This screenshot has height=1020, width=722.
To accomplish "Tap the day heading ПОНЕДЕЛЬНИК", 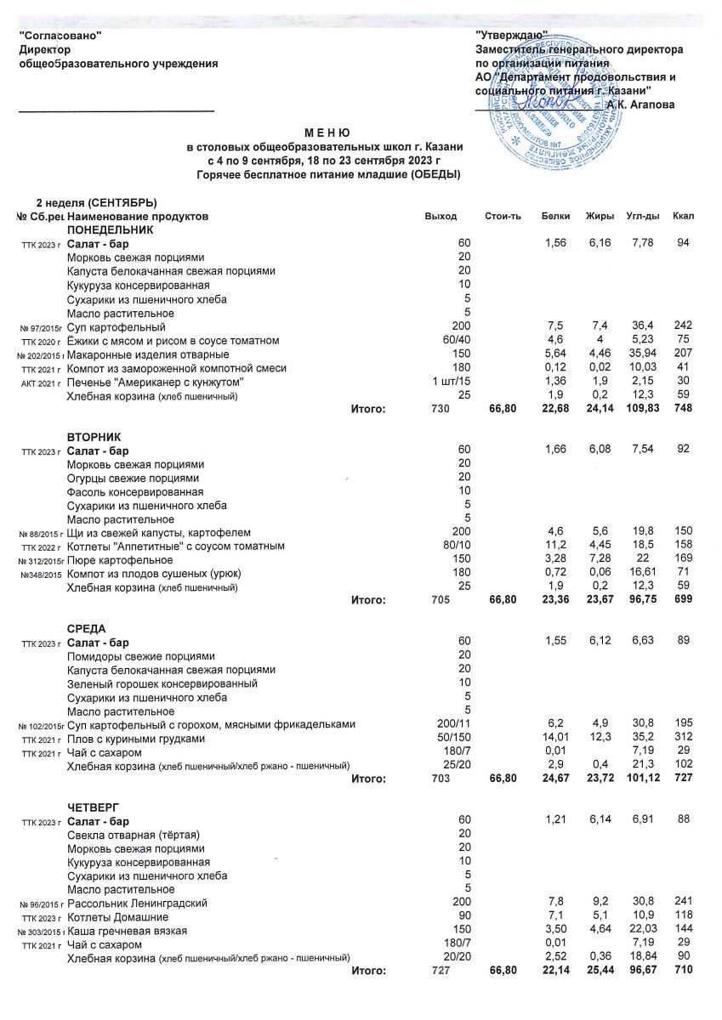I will pos(111,230).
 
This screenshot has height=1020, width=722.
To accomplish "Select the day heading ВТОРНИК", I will pos(94,436).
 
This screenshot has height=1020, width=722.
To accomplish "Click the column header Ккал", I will pos(683,218).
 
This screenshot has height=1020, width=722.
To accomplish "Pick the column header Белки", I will pos(555,218).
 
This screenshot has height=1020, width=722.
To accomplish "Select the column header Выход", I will pos(441,218).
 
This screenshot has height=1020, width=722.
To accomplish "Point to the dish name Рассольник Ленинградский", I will pos(137,903).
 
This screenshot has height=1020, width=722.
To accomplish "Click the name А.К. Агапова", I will pos(640,105).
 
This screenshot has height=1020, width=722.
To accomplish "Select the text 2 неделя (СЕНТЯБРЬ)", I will pos(96,202).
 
